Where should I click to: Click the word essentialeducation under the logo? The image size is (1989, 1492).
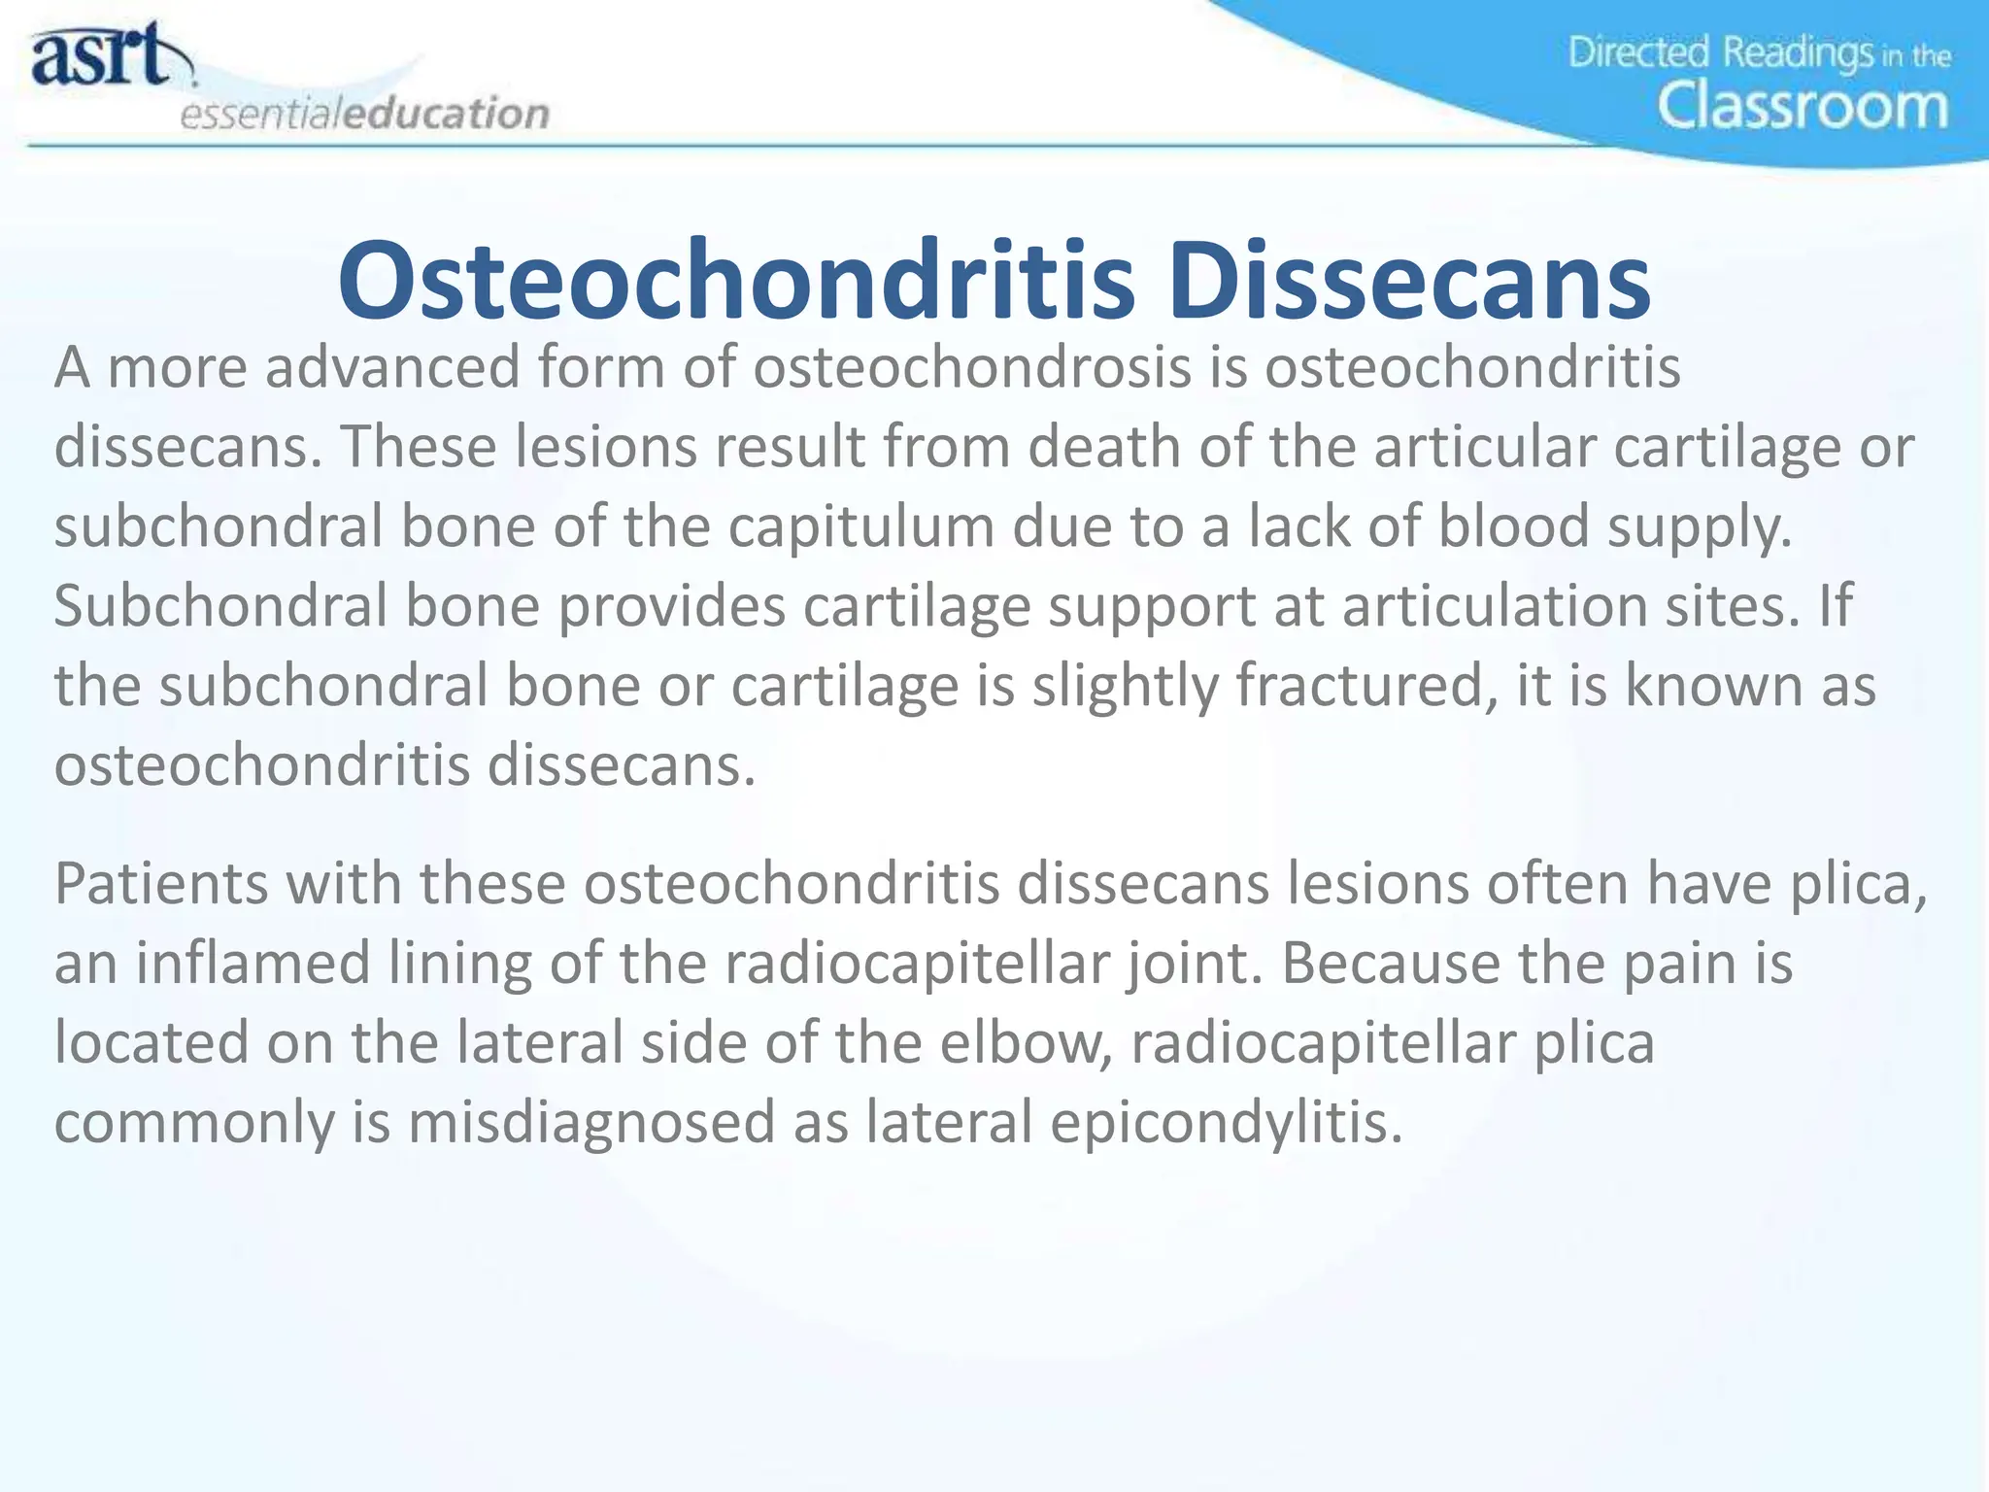click(364, 114)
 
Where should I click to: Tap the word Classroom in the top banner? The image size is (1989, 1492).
click(1802, 106)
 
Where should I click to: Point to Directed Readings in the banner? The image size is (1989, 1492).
click(1719, 52)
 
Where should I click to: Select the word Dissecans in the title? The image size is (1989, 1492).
click(1408, 282)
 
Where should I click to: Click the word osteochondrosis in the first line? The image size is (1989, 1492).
click(971, 368)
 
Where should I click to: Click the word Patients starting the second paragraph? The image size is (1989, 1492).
click(159, 884)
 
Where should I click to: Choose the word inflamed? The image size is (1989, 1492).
click(253, 964)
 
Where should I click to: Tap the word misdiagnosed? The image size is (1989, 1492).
click(591, 1123)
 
